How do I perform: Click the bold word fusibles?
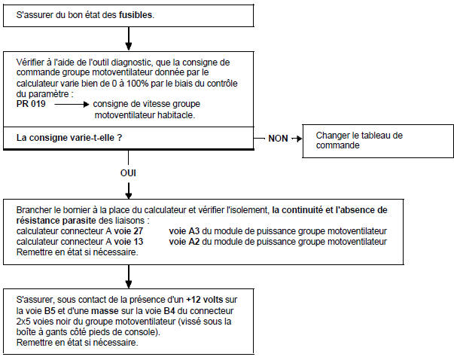(136, 14)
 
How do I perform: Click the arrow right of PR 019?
(71, 104)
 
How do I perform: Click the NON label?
(279, 139)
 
